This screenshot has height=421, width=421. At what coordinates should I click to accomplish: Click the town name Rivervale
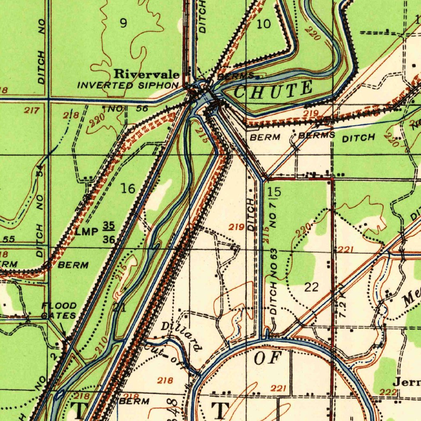[x=146, y=74]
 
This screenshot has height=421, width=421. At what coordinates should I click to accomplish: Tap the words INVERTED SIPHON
[x=128, y=86]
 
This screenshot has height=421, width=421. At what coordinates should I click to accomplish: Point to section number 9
[x=123, y=23]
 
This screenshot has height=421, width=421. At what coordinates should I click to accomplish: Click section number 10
[x=264, y=24]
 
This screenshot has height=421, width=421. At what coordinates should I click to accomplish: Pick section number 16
[x=128, y=189]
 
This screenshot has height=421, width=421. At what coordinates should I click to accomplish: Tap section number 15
[x=274, y=192]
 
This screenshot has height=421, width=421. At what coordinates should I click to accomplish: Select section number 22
[x=311, y=287]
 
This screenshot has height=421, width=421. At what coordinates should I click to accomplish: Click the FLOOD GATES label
[x=58, y=311]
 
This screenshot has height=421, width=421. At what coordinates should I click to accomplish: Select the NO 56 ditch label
[x=128, y=109]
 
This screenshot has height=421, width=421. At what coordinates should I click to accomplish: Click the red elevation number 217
[x=32, y=110]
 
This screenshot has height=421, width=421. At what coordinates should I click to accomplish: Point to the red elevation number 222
[x=388, y=392]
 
